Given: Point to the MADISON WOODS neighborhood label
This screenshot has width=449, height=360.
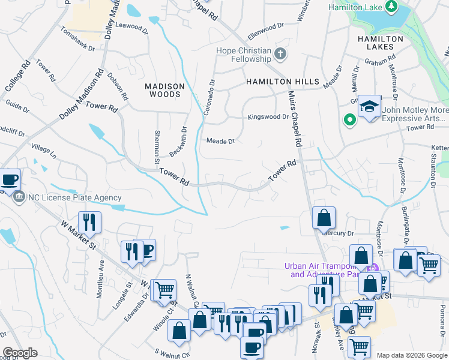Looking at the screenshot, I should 163,91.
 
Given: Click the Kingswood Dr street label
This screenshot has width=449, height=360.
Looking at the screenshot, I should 269,117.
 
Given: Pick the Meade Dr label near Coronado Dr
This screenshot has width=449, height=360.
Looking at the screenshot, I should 220,142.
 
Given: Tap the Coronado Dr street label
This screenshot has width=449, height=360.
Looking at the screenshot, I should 208,98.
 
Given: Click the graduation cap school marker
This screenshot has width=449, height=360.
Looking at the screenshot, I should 370,106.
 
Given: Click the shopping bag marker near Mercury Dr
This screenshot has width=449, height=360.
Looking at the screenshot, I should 324,218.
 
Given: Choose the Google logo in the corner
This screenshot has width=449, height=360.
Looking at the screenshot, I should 20,353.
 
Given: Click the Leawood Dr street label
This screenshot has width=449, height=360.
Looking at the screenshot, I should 131,26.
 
